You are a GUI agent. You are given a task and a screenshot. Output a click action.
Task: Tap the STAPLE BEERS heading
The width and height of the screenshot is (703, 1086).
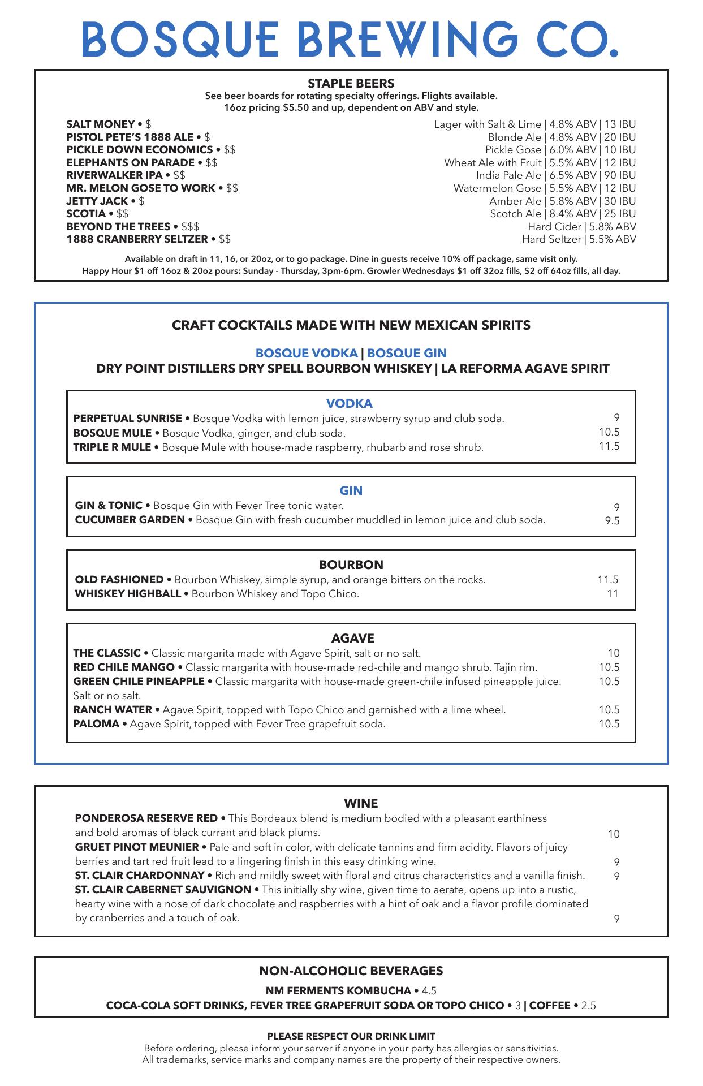[x=351, y=84]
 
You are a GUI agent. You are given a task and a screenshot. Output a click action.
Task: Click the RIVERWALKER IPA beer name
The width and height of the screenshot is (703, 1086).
[x=114, y=175]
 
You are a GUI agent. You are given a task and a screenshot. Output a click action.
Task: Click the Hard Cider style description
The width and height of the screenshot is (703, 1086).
[x=554, y=227]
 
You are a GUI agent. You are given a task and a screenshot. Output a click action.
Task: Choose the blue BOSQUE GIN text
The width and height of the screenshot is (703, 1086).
[x=407, y=354]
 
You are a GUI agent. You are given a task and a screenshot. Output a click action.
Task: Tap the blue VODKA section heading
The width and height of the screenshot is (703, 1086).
[x=349, y=404]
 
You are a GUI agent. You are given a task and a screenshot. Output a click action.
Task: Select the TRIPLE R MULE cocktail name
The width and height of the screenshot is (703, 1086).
[x=112, y=447]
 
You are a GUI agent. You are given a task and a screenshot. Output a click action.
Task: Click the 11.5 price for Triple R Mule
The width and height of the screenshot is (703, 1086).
[x=609, y=446]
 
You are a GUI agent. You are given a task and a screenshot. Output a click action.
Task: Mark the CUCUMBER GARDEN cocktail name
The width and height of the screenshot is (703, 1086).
[x=130, y=520]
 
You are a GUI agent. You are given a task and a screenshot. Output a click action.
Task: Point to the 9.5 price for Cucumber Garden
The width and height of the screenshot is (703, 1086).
[x=612, y=521]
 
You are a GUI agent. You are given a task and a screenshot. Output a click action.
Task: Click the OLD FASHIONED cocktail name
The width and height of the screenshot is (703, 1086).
[x=119, y=580]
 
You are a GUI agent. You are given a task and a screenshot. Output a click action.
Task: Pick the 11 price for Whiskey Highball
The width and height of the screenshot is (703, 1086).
[x=613, y=594]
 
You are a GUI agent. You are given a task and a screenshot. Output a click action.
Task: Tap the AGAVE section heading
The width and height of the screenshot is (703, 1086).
[x=352, y=639]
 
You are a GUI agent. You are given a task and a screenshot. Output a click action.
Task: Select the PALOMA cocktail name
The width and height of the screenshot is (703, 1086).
[x=96, y=724]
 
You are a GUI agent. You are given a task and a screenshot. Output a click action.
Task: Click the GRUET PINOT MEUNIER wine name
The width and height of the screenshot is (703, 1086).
[x=137, y=847]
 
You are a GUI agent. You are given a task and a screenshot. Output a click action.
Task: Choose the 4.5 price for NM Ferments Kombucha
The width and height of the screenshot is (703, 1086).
[x=429, y=991]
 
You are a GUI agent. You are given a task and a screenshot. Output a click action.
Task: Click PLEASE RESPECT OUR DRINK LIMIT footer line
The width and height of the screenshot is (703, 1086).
[x=351, y=1036]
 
